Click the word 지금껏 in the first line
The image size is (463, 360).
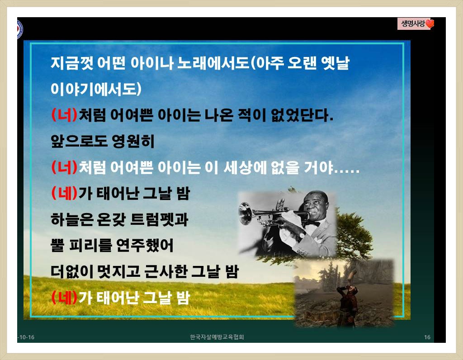(72, 63)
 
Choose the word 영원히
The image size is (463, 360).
(133, 141)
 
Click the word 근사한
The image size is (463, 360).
(166, 271)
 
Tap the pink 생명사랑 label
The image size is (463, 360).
(413, 24)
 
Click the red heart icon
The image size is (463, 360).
(430, 24)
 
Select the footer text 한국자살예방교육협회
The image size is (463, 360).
(217, 337)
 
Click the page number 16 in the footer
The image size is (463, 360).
(427, 337)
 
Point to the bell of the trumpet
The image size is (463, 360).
(246, 213)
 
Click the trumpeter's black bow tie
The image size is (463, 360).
(314, 223)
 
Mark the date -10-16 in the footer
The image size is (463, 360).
(26, 337)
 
